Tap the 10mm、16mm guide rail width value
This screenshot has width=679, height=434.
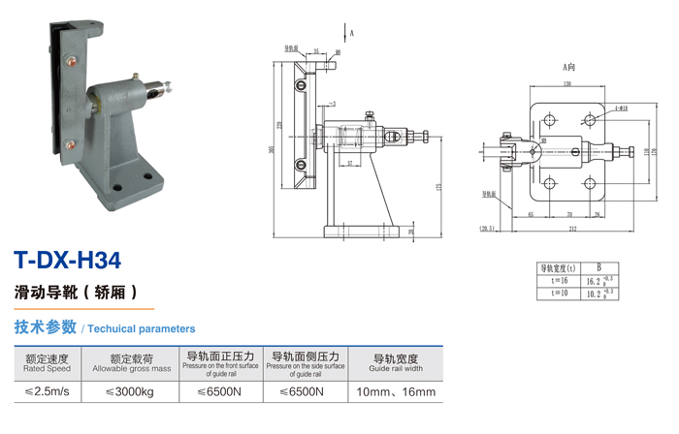click(x=396, y=392)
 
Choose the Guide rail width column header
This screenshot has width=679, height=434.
click(x=396, y=362)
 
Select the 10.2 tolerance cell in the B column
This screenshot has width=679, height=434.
click(x=598, y=293)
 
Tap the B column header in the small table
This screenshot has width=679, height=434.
click(x=598, y=267)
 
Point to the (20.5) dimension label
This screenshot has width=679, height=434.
click(x=486, y=229)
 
